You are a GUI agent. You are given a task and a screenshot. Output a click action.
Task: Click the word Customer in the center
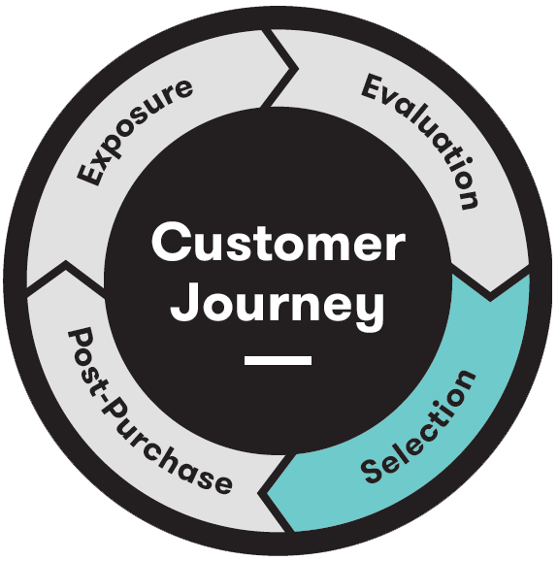[x=279, y=243]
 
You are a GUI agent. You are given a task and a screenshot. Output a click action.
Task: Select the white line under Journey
[x=278, y=360]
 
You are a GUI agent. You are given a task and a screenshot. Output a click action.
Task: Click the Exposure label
[x=135, y=132]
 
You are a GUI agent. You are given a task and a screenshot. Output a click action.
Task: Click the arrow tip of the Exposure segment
[x=297, y=68]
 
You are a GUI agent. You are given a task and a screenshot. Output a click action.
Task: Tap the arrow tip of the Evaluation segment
[x=490, y=299]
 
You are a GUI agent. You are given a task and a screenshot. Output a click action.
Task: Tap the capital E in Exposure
[x=88, y=174]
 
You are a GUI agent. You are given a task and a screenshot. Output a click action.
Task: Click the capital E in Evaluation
[x=375, y=87]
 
